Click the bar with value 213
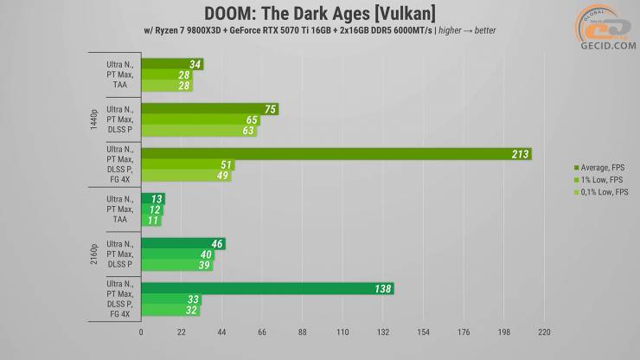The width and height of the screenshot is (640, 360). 336,154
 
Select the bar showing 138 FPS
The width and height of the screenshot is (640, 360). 267,289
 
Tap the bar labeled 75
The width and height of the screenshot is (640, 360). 209,109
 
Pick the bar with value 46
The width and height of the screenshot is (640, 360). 182,244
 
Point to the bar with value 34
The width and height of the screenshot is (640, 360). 172,64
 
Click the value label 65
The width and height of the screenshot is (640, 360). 252,120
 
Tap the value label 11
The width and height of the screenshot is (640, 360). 152,221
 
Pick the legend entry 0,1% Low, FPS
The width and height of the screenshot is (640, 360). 598,190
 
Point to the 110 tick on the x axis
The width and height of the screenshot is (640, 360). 342,332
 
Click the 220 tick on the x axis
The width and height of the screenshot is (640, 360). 544,332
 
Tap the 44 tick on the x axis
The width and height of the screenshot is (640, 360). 221,332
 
